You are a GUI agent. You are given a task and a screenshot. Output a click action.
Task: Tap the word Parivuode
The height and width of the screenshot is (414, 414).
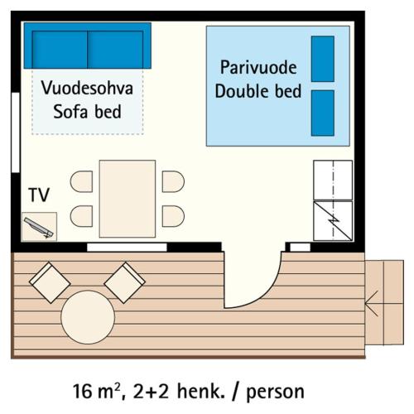[x=258, y=66]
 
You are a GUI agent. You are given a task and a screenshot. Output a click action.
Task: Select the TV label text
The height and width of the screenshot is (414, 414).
[x=39, y=195]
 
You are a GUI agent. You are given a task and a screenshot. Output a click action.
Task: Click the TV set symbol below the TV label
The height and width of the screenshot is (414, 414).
[x=39, y=226]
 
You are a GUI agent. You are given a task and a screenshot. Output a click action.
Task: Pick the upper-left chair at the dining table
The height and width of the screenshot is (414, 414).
[x=83, y=181]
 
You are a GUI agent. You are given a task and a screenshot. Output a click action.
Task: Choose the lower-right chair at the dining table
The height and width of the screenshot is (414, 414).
[x=173, y=217]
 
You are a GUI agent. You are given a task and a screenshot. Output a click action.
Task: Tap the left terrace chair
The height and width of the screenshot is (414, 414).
[x=50, y=283]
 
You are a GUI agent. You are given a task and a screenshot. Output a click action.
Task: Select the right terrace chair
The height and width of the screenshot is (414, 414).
[x=124, y=282]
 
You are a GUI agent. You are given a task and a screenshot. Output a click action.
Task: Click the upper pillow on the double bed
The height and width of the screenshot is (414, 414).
[x=322, y=59]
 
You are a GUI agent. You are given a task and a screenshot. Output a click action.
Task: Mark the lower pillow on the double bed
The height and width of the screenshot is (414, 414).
[x=322, y=112]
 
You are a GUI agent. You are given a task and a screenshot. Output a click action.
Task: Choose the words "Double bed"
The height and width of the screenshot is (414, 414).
[x=258, y=91]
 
